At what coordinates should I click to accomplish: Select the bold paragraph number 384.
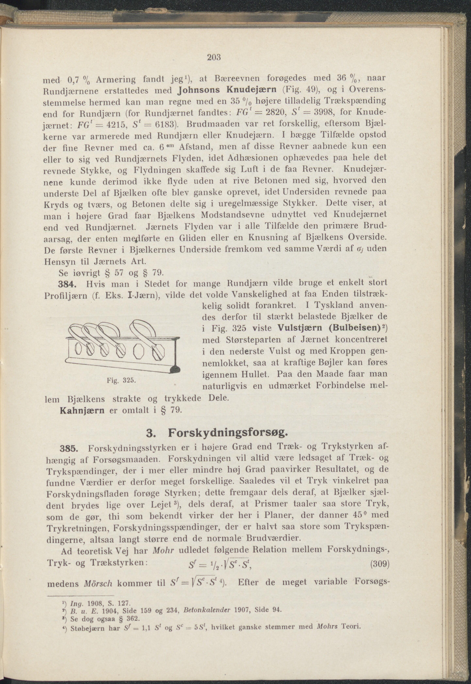point(67,284)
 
